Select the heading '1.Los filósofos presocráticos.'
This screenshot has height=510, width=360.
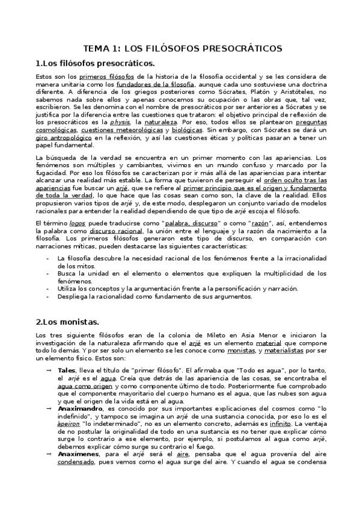tap(95, 63)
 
